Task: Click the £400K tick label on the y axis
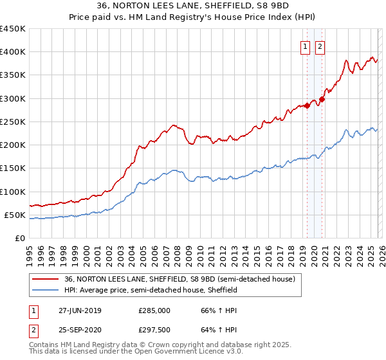coord(12,52)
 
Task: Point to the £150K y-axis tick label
coord(12,168)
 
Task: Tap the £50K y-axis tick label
coord(15,215)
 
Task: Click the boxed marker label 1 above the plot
coord(304,46)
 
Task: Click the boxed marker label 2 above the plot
coord(320,46)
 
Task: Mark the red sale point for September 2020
coord(322,99)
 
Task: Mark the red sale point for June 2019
coord(308,105)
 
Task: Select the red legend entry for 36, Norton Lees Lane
coord(179,279)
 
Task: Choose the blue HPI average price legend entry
coord(151,290)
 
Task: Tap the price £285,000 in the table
coord(154,310)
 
